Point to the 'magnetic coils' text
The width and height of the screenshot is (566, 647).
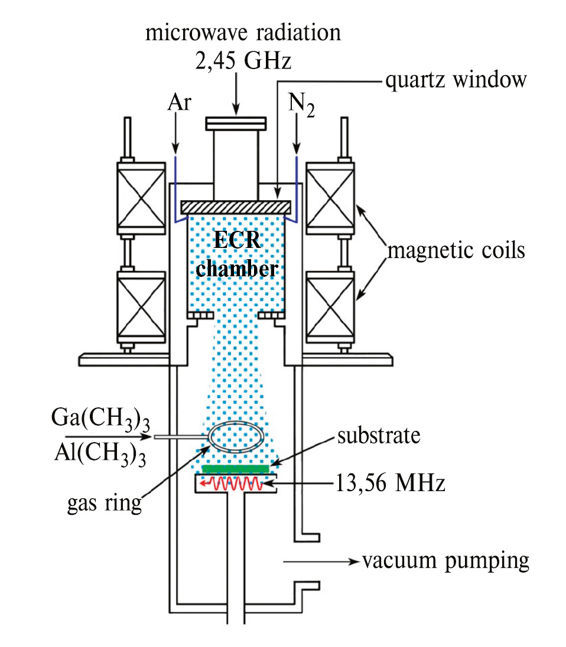pyautogui.click(x=456, y=250)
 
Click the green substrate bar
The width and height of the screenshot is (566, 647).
pyautogui.click(x=236, y=469)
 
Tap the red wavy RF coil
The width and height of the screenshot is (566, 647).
pyautogui.click(x=232, y=485)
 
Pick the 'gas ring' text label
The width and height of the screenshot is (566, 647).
pyautogui.click(x=106, y=503)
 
